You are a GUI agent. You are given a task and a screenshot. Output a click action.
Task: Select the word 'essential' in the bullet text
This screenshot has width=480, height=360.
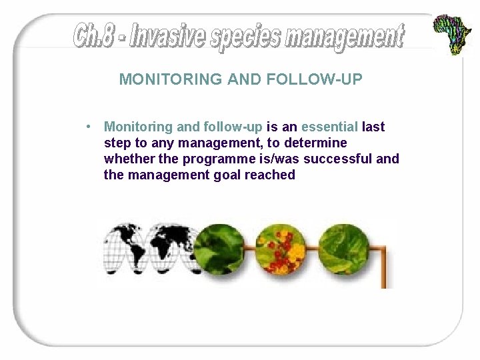click(330, 127)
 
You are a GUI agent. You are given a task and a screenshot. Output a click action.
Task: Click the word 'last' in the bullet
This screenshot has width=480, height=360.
click(373, 127)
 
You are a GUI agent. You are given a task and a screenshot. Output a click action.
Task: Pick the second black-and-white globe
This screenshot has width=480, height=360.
click(171, 248)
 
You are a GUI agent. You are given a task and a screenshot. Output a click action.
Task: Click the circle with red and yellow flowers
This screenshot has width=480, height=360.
click(281, 248)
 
